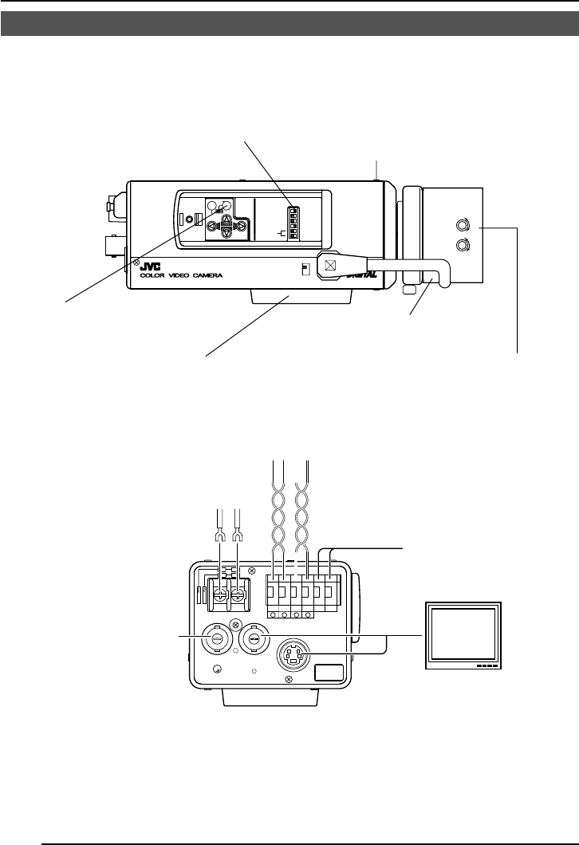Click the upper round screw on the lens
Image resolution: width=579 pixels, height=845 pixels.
click(x=461, y=224)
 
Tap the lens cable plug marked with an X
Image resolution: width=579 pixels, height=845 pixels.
click(x=329, y=264)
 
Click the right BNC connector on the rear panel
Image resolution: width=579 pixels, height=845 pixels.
click(x=253, y=638)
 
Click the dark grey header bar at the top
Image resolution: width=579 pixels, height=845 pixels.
click(x=289, y=23)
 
